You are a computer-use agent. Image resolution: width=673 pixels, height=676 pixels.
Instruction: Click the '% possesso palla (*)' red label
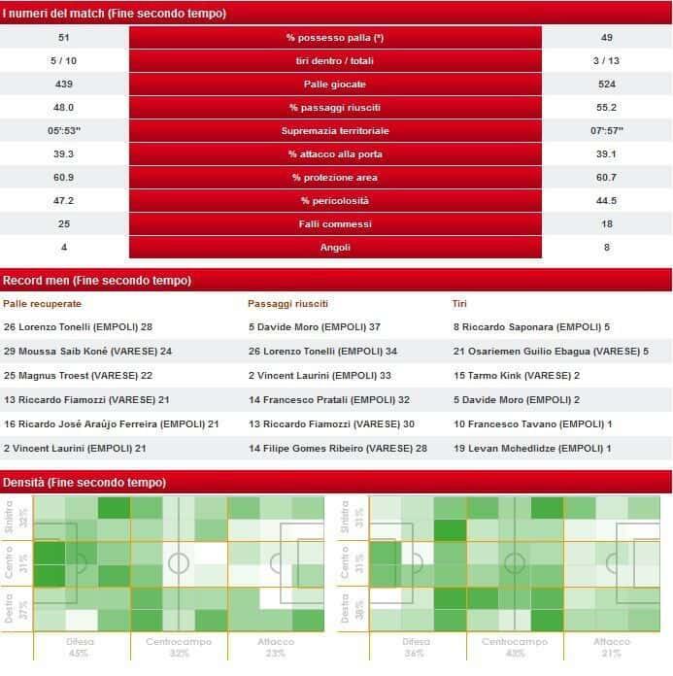click(335, 38)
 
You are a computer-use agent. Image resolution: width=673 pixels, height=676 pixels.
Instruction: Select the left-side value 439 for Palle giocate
click(64, 84)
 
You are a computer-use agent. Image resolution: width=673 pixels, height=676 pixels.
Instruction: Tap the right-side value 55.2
click(607, 108)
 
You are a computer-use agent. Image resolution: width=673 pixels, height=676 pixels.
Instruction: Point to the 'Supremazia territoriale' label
click(335, 131)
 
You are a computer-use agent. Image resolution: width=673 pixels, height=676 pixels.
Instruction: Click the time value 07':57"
click(607, 131)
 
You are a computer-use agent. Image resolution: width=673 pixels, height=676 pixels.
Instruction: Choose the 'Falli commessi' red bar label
click(335, 224)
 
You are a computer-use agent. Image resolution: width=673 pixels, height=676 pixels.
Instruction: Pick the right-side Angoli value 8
click(607, 248)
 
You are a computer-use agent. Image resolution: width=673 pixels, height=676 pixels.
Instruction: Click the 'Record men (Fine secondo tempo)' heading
click(97, 281)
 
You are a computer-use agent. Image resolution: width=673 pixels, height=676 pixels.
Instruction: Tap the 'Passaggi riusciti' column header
click(288, 304)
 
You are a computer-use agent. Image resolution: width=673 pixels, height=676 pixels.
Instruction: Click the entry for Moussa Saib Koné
click(87, 351)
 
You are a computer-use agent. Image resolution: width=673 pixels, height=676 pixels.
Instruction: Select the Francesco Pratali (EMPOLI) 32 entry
click(329, 400)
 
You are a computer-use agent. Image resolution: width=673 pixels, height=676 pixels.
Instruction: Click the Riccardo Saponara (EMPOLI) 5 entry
click(531, 327)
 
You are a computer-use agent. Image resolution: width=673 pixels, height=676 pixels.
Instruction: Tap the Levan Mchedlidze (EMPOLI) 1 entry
click(532, 448)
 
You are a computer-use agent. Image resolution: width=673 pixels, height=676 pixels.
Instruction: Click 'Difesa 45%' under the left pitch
click(81, 648)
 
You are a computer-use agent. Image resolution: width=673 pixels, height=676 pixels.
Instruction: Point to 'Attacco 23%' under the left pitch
click(275, 648)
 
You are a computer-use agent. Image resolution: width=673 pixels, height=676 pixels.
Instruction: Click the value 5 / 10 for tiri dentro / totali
click(64, 61)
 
